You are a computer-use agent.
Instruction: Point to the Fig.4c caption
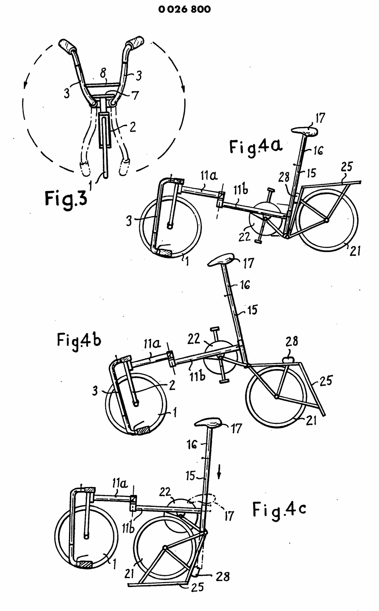(279, 509)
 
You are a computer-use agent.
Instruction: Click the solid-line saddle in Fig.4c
(210, 423)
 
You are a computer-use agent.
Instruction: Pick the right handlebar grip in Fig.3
(135, 41)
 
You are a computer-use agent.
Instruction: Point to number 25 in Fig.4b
(326, 380)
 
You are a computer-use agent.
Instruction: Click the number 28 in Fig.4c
(222, 576)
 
